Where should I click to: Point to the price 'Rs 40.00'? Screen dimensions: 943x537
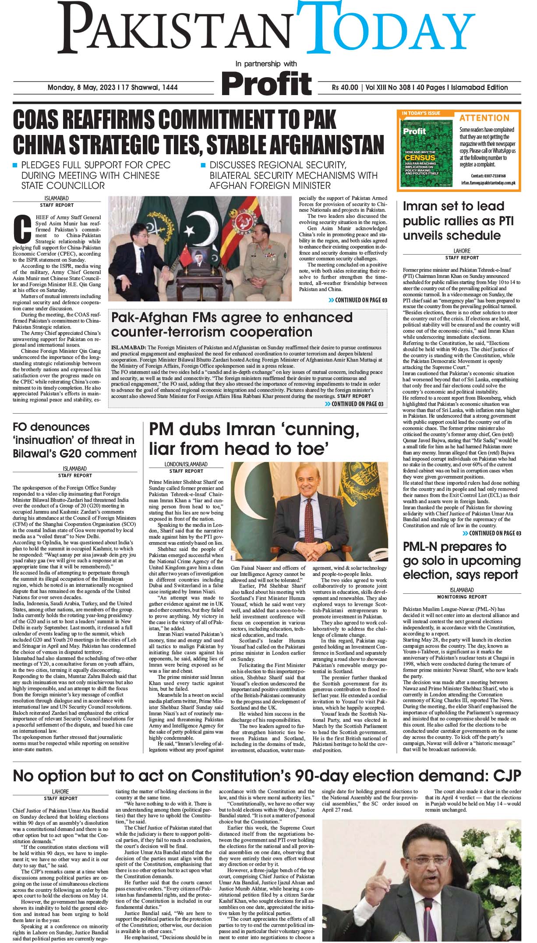(345, 88)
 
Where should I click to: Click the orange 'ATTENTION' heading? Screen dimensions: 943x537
(484, 118)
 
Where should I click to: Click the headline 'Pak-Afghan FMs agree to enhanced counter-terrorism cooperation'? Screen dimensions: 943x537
(232, 324)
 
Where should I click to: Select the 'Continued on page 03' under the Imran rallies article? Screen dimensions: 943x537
(492, 533)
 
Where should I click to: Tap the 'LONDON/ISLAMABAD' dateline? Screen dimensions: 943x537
(186, 464)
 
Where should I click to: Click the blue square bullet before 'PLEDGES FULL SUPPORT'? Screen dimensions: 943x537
(15, 166)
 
